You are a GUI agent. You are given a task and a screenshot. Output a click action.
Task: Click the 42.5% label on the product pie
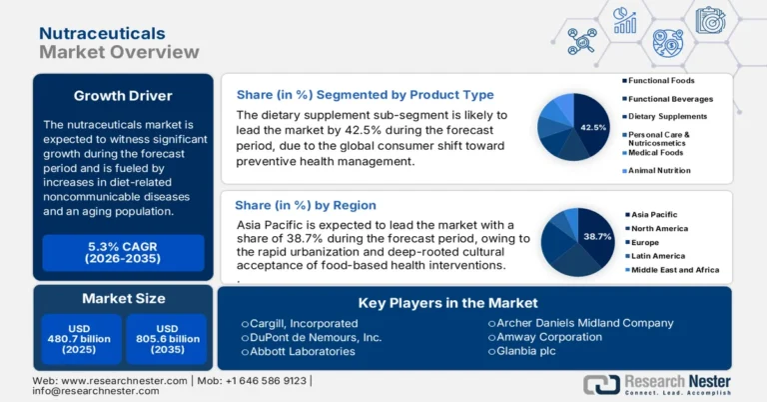coord(592,128)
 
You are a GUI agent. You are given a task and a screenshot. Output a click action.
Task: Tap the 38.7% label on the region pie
coord(597,237)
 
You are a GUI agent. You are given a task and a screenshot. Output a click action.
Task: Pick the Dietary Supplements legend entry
coord(668,117)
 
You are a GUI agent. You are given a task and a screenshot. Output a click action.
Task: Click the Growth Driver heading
coord(123,96)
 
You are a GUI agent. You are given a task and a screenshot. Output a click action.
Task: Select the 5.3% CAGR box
coord(123,252)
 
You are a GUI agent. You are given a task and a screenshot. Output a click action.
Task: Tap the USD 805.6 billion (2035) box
coord(166,339)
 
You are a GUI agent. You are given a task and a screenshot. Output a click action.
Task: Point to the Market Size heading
coord(123,297)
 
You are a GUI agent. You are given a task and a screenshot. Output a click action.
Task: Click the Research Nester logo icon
coord(601,385)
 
